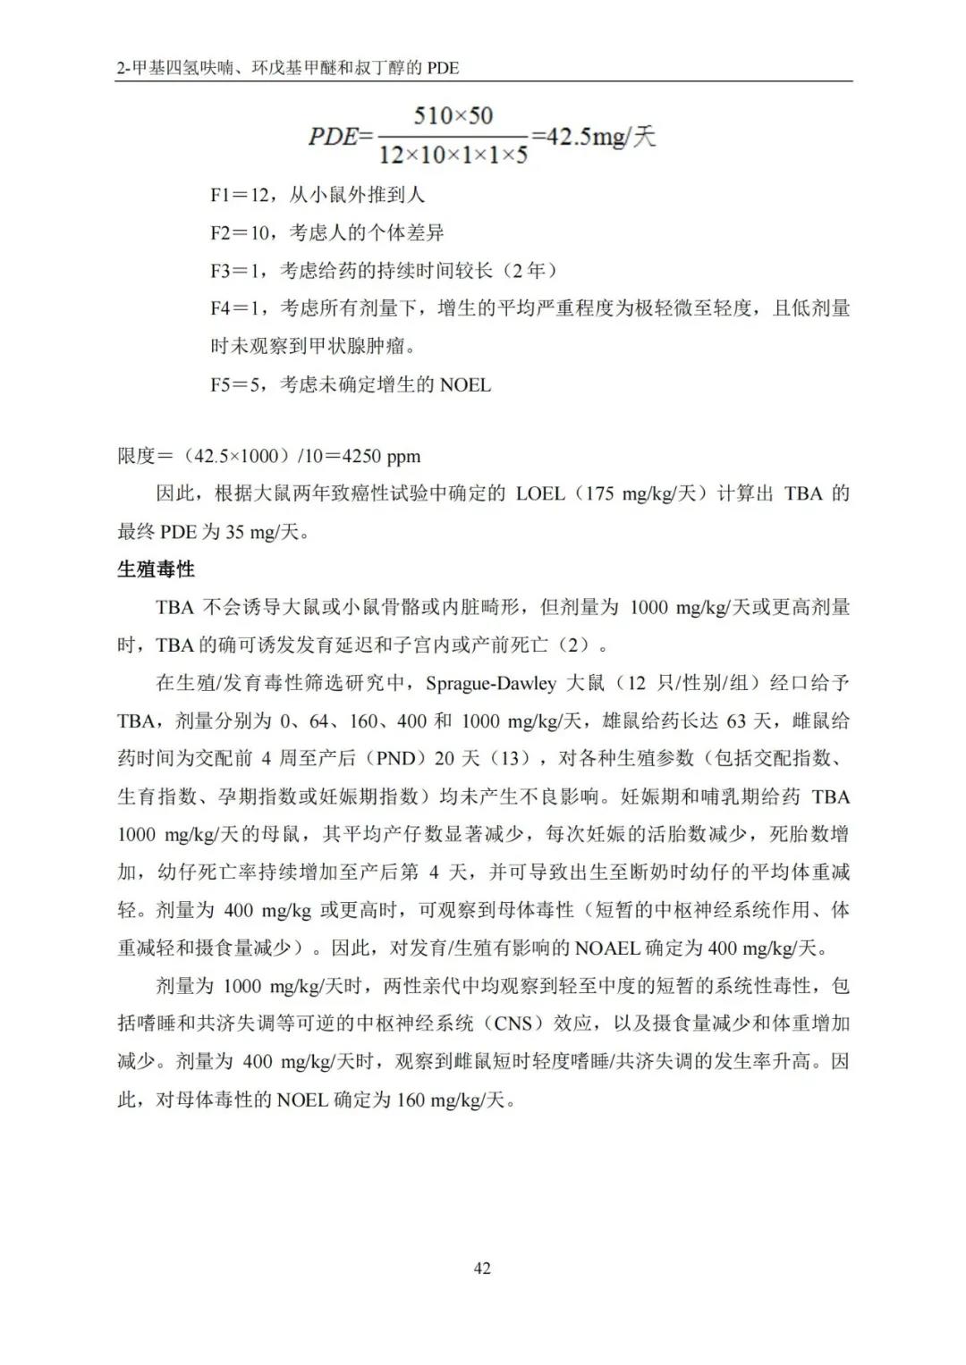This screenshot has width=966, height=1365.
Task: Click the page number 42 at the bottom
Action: [x=482, y=1268]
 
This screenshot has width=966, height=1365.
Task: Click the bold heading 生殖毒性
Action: [x=156, y=569]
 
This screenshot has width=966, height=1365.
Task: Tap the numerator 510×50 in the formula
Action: [x=453, y=115]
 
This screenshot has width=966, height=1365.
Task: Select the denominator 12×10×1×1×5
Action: [x=453, y=155]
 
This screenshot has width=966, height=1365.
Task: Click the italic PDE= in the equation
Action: [x=340, y=136]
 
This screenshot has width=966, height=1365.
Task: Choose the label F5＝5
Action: [x=238, y=385]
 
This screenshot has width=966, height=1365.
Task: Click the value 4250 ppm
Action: [x=380, y=456]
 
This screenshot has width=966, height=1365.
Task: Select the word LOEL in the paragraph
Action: [x=540, y=493]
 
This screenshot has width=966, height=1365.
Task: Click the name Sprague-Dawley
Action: [x=490, y=683]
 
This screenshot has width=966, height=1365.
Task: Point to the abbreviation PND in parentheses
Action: [x=395, y=758]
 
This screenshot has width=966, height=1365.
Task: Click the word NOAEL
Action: [x=607, y=948]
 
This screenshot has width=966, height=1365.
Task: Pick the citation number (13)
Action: [x=510, y=758]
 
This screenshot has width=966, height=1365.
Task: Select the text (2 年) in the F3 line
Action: [x=531, y=270]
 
